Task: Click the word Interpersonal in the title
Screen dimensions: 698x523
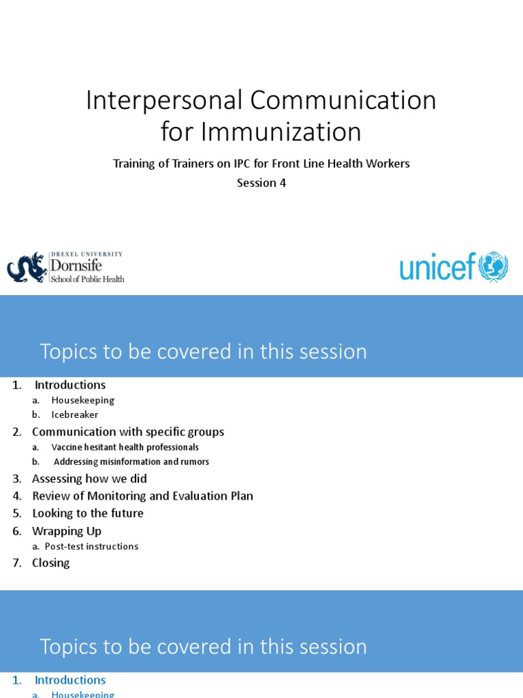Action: [x=164, y=101]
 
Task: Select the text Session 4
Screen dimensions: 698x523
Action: [x=261, y=183]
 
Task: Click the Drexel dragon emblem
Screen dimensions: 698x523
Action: [x=27, y=267]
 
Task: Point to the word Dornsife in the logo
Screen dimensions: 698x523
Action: [x=77, y=267]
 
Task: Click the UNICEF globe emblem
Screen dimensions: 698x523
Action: [x=494, y=267]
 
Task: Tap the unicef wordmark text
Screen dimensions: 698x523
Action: [x=437, y=268]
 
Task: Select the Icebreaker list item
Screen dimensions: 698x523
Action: [x=74, y=414]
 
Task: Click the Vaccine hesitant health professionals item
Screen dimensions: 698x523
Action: [x=125, y=447]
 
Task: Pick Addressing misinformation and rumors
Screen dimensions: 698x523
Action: [x=131, y=461]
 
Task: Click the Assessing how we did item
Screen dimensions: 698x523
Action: [x=89, y=479]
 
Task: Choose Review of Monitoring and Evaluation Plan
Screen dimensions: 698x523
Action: [x=142, y=496]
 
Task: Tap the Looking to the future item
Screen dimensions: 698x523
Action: [x=88, y=513]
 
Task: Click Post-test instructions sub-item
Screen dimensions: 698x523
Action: [x=91, y=546]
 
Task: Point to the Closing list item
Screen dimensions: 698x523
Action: [x=51, y=562]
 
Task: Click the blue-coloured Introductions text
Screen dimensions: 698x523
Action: [x=70, y=680]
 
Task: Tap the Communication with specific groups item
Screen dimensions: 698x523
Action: [x=128, y=431]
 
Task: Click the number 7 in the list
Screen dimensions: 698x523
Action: [x=16, y=562]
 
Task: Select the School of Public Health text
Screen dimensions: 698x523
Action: [x=88, y=279]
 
